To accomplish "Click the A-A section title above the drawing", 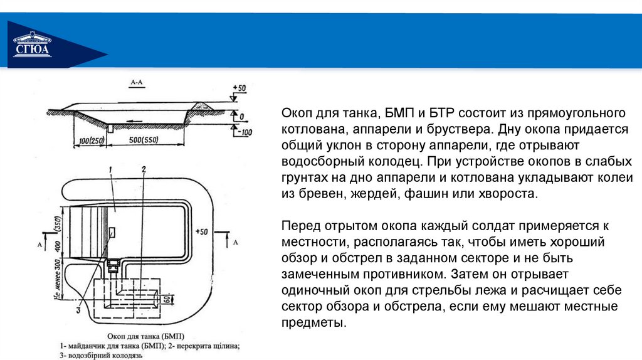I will pos(137,82).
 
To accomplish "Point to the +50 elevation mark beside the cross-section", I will pos(238,88).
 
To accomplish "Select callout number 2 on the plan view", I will pos(144,169).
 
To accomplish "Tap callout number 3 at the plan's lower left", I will pos(78,309).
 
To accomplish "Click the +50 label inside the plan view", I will pos(201,231).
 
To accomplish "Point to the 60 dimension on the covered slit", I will pos(166,299).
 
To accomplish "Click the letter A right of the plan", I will pos(235,241).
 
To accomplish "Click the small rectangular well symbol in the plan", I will pos(112,233).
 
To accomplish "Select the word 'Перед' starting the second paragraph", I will pos(297,226).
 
